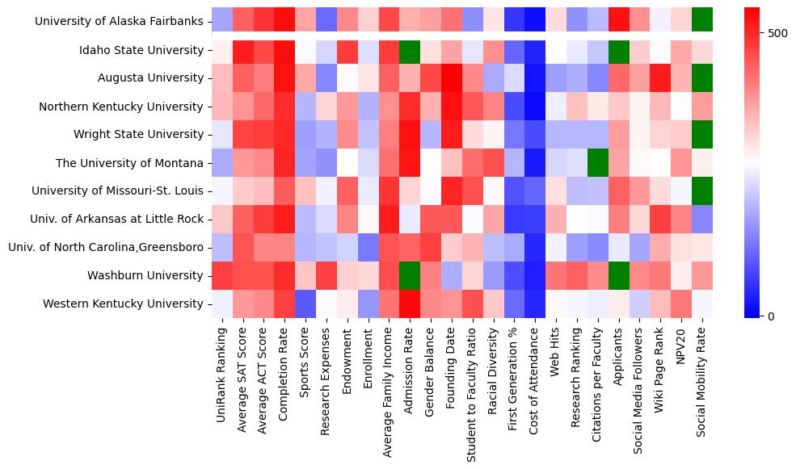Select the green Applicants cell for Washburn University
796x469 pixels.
[618, 275]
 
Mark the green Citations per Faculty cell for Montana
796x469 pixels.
[597, 163]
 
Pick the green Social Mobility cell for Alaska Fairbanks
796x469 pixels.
[702, 22]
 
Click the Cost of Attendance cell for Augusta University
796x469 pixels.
[534, 78]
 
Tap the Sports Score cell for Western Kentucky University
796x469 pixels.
[306, 304]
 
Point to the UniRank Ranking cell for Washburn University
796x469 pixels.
[221, 275]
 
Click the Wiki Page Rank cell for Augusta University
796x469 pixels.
[660, 78]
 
